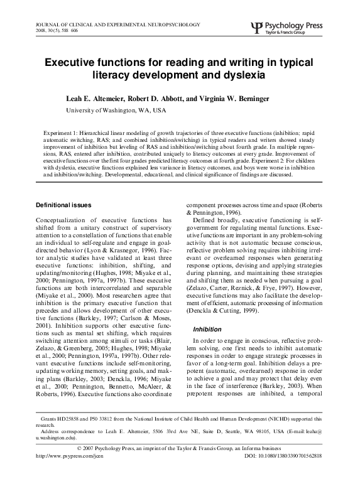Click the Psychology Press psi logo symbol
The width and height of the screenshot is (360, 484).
[x=254, y=28]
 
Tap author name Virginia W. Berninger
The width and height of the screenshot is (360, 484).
[x=249, y=99]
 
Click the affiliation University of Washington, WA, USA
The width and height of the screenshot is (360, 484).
[x=116, y=110]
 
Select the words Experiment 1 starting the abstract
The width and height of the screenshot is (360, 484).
[x=61, y=134]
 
